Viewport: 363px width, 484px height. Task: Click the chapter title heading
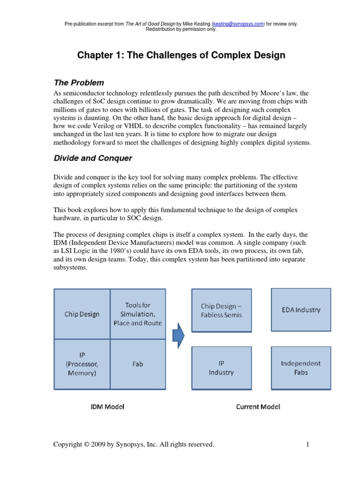(x=181, y=55)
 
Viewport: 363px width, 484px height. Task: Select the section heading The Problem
(x=79, y=83)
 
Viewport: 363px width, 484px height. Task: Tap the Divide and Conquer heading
(x=93, y=158)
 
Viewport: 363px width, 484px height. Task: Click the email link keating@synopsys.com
(x=238, y=24)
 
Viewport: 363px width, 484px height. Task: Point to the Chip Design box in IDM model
(x=82, y=314)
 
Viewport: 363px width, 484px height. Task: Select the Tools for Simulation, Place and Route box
(x=138, y=314)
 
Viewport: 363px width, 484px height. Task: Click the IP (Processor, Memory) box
(x=82, y=364)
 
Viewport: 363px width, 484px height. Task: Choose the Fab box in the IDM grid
(x=138, y=364)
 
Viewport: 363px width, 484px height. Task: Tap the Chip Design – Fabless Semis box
(x=221, y=311)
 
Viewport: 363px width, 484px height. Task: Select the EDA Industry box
(x=301, y=310)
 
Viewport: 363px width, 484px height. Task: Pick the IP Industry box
(x=221, y=368)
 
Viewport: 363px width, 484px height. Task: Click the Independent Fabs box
(x=301, y=368)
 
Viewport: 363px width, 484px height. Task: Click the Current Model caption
(x=258, y=406)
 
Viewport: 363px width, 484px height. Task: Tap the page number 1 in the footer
(x=307, y=444)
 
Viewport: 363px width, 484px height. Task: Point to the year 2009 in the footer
(x=101, y=444)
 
